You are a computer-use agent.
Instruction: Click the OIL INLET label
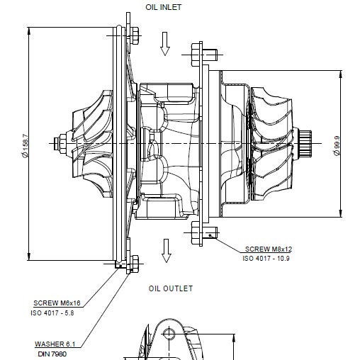point(163,7)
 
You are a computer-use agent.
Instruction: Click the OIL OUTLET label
point(171,288)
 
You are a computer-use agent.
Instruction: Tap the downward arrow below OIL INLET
point(165,44)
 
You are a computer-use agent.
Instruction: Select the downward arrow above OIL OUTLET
point(167,251)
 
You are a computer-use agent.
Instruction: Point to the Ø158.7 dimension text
point(25,146)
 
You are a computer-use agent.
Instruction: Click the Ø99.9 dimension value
point(337,145)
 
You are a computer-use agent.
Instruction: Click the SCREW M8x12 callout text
point(269,249)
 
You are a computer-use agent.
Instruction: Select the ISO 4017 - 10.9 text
point(266,258)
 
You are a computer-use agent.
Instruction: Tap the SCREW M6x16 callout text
point(57,303)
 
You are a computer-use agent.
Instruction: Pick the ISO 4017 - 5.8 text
point(52,313)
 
